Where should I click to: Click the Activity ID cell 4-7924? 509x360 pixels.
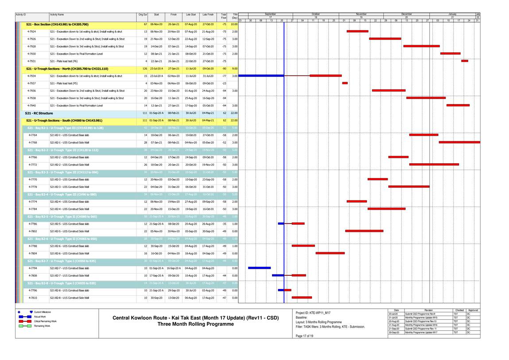coord(32,31)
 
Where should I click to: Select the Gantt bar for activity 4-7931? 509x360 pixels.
coord(464,61)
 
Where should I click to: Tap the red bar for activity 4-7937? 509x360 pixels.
coord(345,83)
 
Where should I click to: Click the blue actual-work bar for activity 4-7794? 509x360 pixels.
coord(259,268)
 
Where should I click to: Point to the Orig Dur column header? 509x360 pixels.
coord(143,15)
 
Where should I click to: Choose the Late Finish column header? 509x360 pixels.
coord(208,15)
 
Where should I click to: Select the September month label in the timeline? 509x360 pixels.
coord(270,14)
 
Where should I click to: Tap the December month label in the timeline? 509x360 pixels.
coord(406,14)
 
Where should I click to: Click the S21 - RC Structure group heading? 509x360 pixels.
coord(39,113)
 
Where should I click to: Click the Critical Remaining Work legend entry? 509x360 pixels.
coord(45,321)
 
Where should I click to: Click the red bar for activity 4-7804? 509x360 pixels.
coord(330,253)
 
